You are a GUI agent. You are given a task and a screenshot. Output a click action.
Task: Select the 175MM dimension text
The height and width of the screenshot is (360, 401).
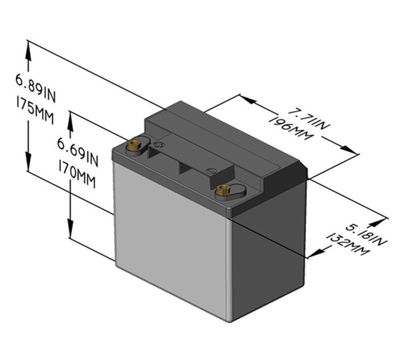pyautogui.click(x=33, y=104)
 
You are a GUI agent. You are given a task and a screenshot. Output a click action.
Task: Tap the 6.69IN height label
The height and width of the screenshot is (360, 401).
pyautogui.click(x=77, y=147)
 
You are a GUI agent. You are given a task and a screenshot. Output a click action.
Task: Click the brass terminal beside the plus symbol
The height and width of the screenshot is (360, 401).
pyautogui.click(x=134, y=145)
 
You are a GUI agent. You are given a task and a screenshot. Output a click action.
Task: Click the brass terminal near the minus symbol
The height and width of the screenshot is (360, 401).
pyautogui.click(x=223, y=191)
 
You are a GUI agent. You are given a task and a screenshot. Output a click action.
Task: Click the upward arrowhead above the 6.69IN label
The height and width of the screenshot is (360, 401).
pyautogui.click(x=70, y=118)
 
